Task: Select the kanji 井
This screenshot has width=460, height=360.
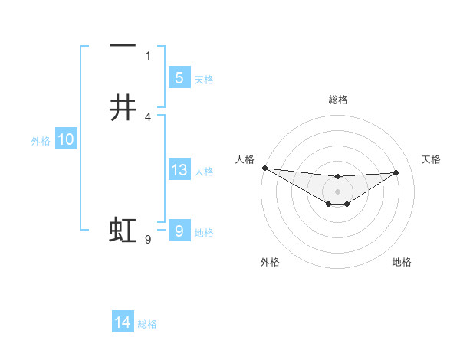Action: click(x=123, y=108)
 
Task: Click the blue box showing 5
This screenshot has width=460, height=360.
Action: click(x=179, y=77)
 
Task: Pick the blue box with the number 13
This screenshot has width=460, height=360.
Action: click(x=179, y=170)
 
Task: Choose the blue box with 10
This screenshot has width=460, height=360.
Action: click(x=65, y=139)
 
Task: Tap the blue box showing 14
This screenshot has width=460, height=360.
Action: click(x=123, y=323)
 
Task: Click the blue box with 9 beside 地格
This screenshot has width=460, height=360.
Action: click(x=179, y=231)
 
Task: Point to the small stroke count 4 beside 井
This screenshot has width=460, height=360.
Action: click(x=148, y=116)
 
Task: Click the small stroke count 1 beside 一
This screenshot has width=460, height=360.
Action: click(x=148, y=55)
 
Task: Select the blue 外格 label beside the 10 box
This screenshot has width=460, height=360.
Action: click(x=41, y=141)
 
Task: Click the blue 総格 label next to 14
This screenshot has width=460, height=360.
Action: click(x=147, y=324)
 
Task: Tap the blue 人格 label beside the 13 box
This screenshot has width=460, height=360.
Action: click(x=204, y=172)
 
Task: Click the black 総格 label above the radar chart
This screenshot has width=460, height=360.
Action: click(x=337, y=100)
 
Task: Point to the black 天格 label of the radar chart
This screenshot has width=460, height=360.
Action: click(x=431, y=159)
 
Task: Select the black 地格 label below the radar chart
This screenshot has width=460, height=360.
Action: click(x=402, y=262)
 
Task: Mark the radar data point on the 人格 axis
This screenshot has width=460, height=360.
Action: click(x=264, y=167)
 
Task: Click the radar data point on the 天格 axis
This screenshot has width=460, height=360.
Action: click(x=396, y=172)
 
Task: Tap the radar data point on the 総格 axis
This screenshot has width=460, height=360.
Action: click(x=337, y=177)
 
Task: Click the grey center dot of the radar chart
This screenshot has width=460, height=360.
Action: click(x=337, y=191)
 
